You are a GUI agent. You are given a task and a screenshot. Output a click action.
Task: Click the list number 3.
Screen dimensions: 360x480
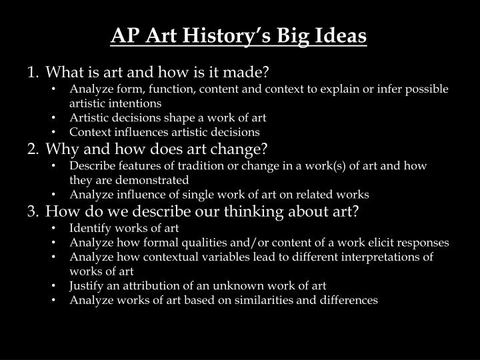click(31, 211)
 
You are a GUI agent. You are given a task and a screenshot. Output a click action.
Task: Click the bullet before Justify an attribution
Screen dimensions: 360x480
click(54, 286)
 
